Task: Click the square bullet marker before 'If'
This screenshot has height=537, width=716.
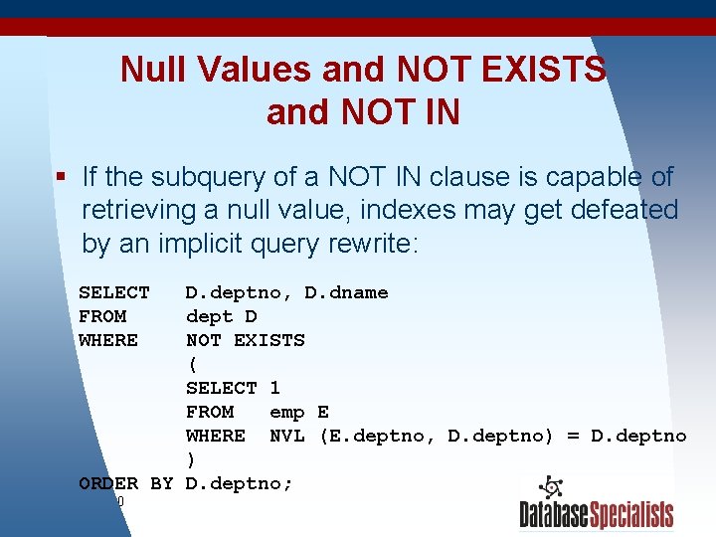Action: pyautogui.click(x=61, y=177)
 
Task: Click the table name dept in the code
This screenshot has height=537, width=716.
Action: pyautogui.click(x=210, y=316)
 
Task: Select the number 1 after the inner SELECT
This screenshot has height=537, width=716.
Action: pyautogui.click(x=274, y=388)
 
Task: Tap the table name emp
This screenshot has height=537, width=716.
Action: pyautogui.click(x=286, y=412)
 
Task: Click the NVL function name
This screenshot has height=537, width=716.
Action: pyautogui.click(x=286, y=436)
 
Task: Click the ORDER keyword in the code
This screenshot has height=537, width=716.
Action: pyautogui.click(x=107, y=483)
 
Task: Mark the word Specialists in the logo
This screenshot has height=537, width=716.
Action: pyautogui.click(x=633, y=515)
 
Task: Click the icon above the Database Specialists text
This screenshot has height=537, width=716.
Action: pyautogui.click(x=550, y=488)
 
